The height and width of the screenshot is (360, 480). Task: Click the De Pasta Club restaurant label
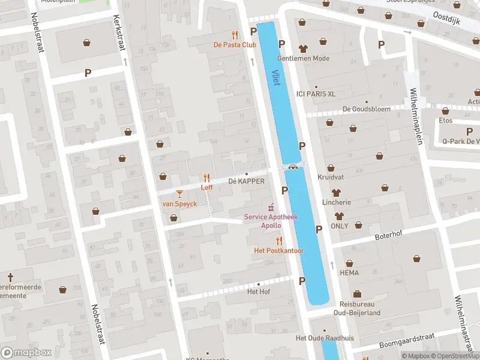click(235, 45)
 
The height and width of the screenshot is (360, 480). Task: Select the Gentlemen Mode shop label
click(303, 58)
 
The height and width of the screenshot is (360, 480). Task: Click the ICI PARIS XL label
click(316, 94)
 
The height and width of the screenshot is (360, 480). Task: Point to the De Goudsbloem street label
click(366, 109)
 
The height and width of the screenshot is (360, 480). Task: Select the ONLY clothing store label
click(339, 226)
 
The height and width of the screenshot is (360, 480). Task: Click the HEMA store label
click(349, 272)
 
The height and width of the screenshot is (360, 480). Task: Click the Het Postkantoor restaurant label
click(279, 250)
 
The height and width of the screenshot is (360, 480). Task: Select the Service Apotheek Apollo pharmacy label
click(270, 221)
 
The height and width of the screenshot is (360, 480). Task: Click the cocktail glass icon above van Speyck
click(179, 193)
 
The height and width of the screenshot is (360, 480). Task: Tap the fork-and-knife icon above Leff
click(207, 178)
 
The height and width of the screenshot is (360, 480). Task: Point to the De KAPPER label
click(246, 181)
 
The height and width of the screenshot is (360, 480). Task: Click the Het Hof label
click(259, 292)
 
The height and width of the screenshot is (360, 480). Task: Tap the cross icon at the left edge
click(10, 277)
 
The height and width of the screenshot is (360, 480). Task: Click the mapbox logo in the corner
click(26, 352)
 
